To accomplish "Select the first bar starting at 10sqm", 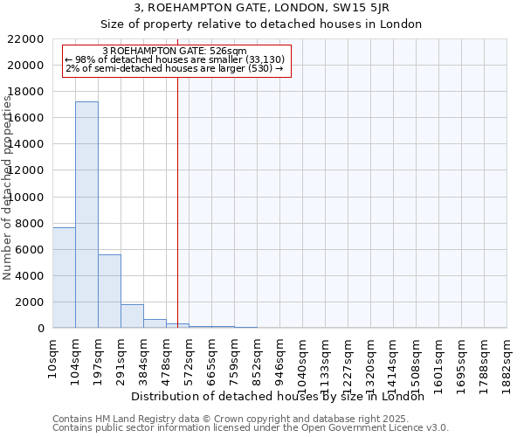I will (x=64, y=277).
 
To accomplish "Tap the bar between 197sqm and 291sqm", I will (x=109, y=291).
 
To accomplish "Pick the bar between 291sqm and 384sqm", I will (x=132, y=316).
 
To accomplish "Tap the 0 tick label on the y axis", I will (x=41, y=329).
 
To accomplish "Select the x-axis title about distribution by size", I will (x=277, y=396).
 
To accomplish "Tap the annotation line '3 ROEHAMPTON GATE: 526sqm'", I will (x=175, y=52).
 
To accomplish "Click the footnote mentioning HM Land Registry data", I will (x=231, y=419).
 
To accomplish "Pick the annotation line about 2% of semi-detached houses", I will (x=175, y=67).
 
